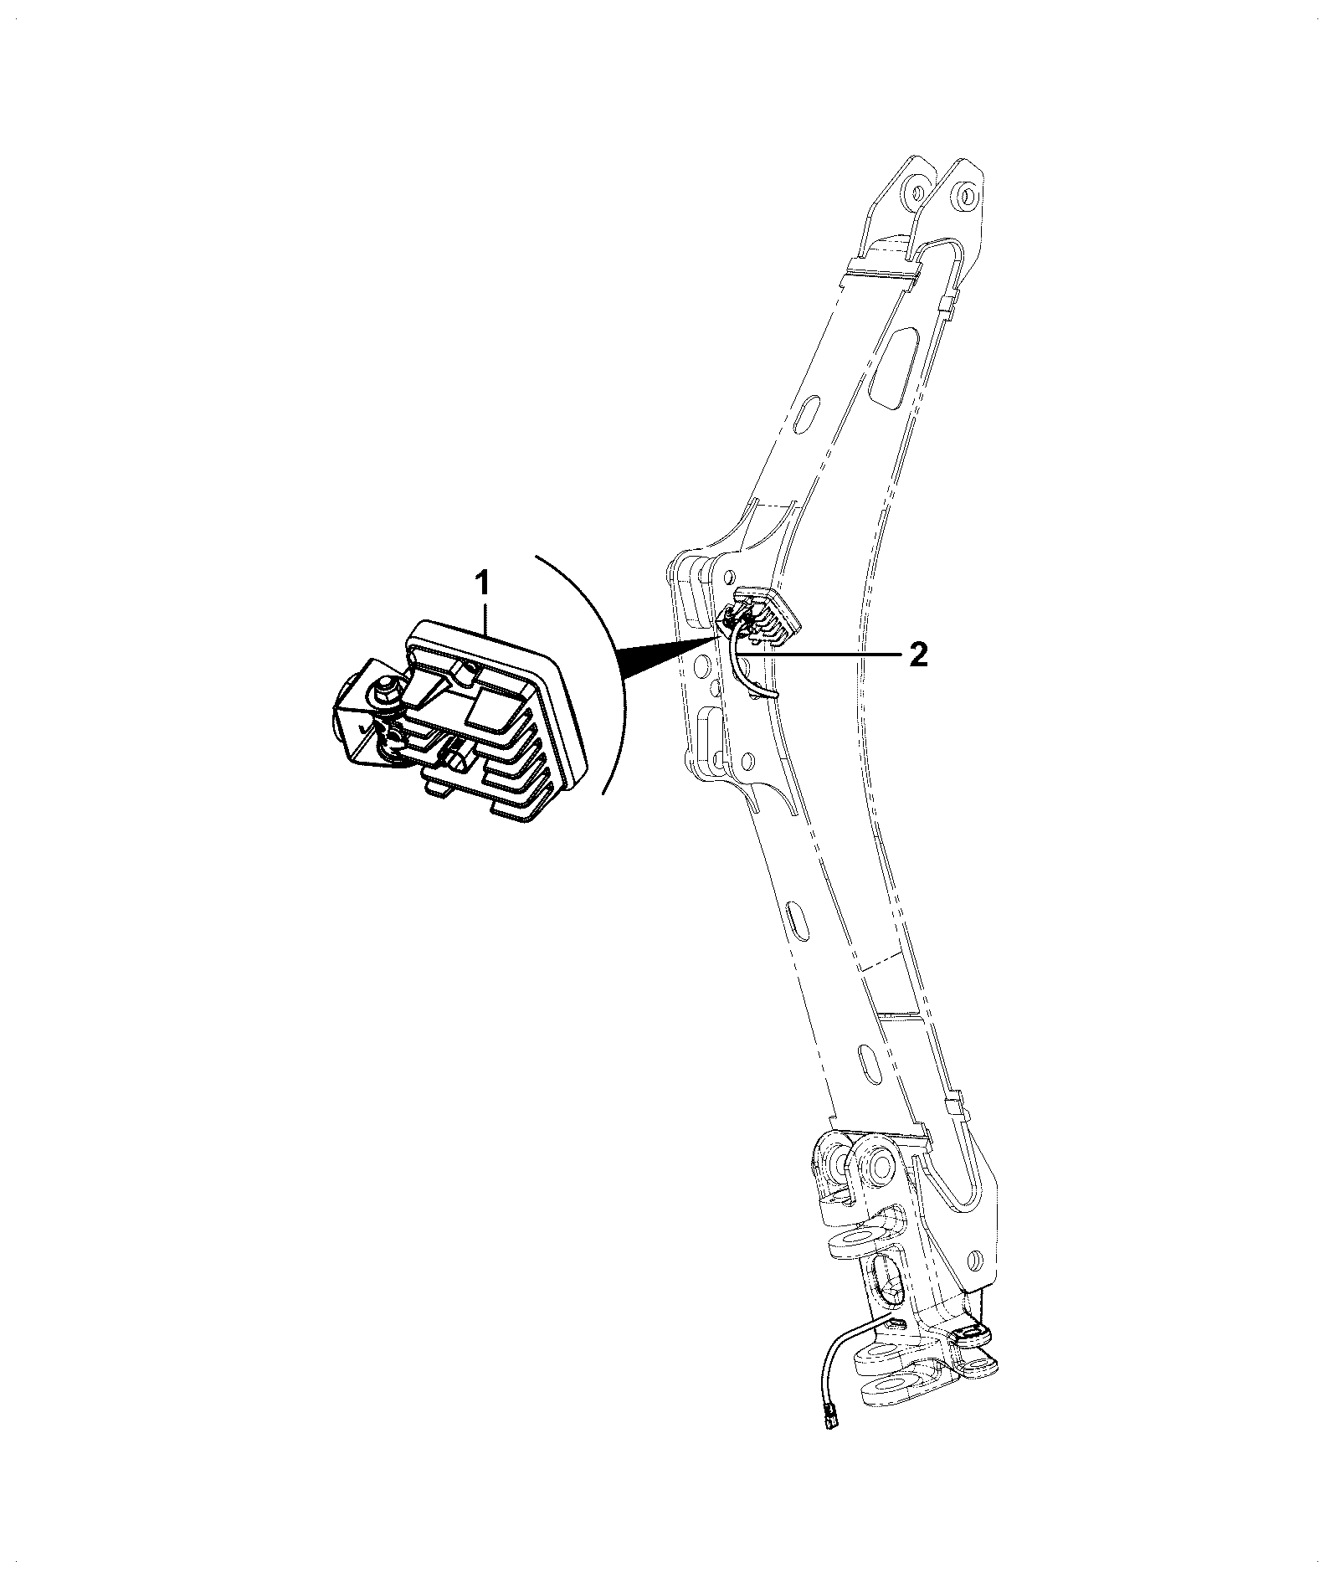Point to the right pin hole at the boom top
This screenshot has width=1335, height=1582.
tap(967, 196)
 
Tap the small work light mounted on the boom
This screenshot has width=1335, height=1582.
tap(763, 616)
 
